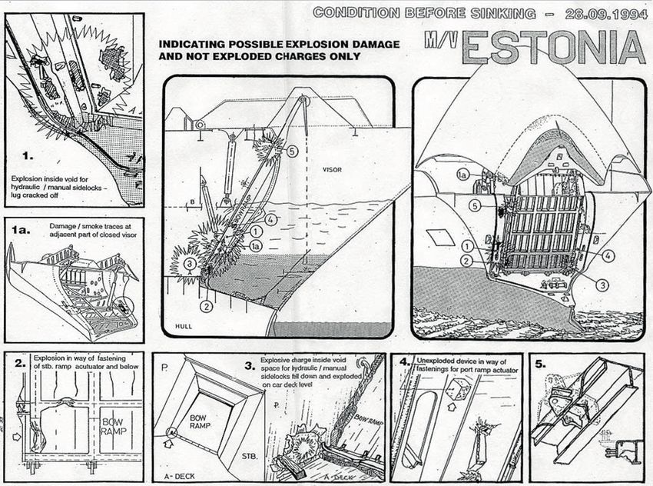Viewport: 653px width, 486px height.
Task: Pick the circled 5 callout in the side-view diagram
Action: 291,151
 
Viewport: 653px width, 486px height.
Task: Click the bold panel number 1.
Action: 28,155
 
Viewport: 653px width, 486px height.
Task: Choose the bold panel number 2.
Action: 21,364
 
